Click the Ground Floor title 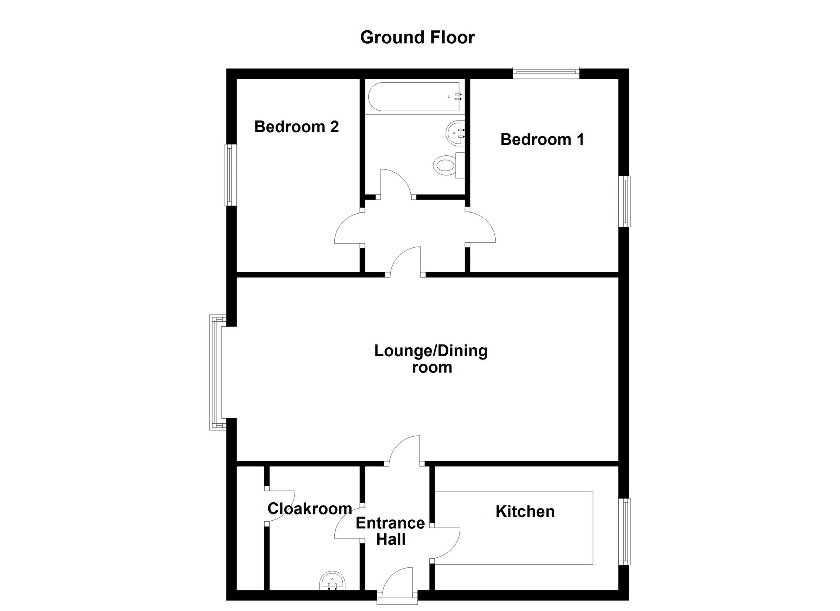point(417,37)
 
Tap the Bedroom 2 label point(297,127)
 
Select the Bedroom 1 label point(542,139)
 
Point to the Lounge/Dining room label point(431,359)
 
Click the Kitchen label point(525,511)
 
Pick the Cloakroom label point(310,509)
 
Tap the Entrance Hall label point(390,531)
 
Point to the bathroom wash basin point(455,133)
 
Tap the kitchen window point(626,531)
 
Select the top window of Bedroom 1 point(546,73)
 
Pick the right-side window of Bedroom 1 point(626,201)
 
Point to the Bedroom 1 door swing point(481,227)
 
